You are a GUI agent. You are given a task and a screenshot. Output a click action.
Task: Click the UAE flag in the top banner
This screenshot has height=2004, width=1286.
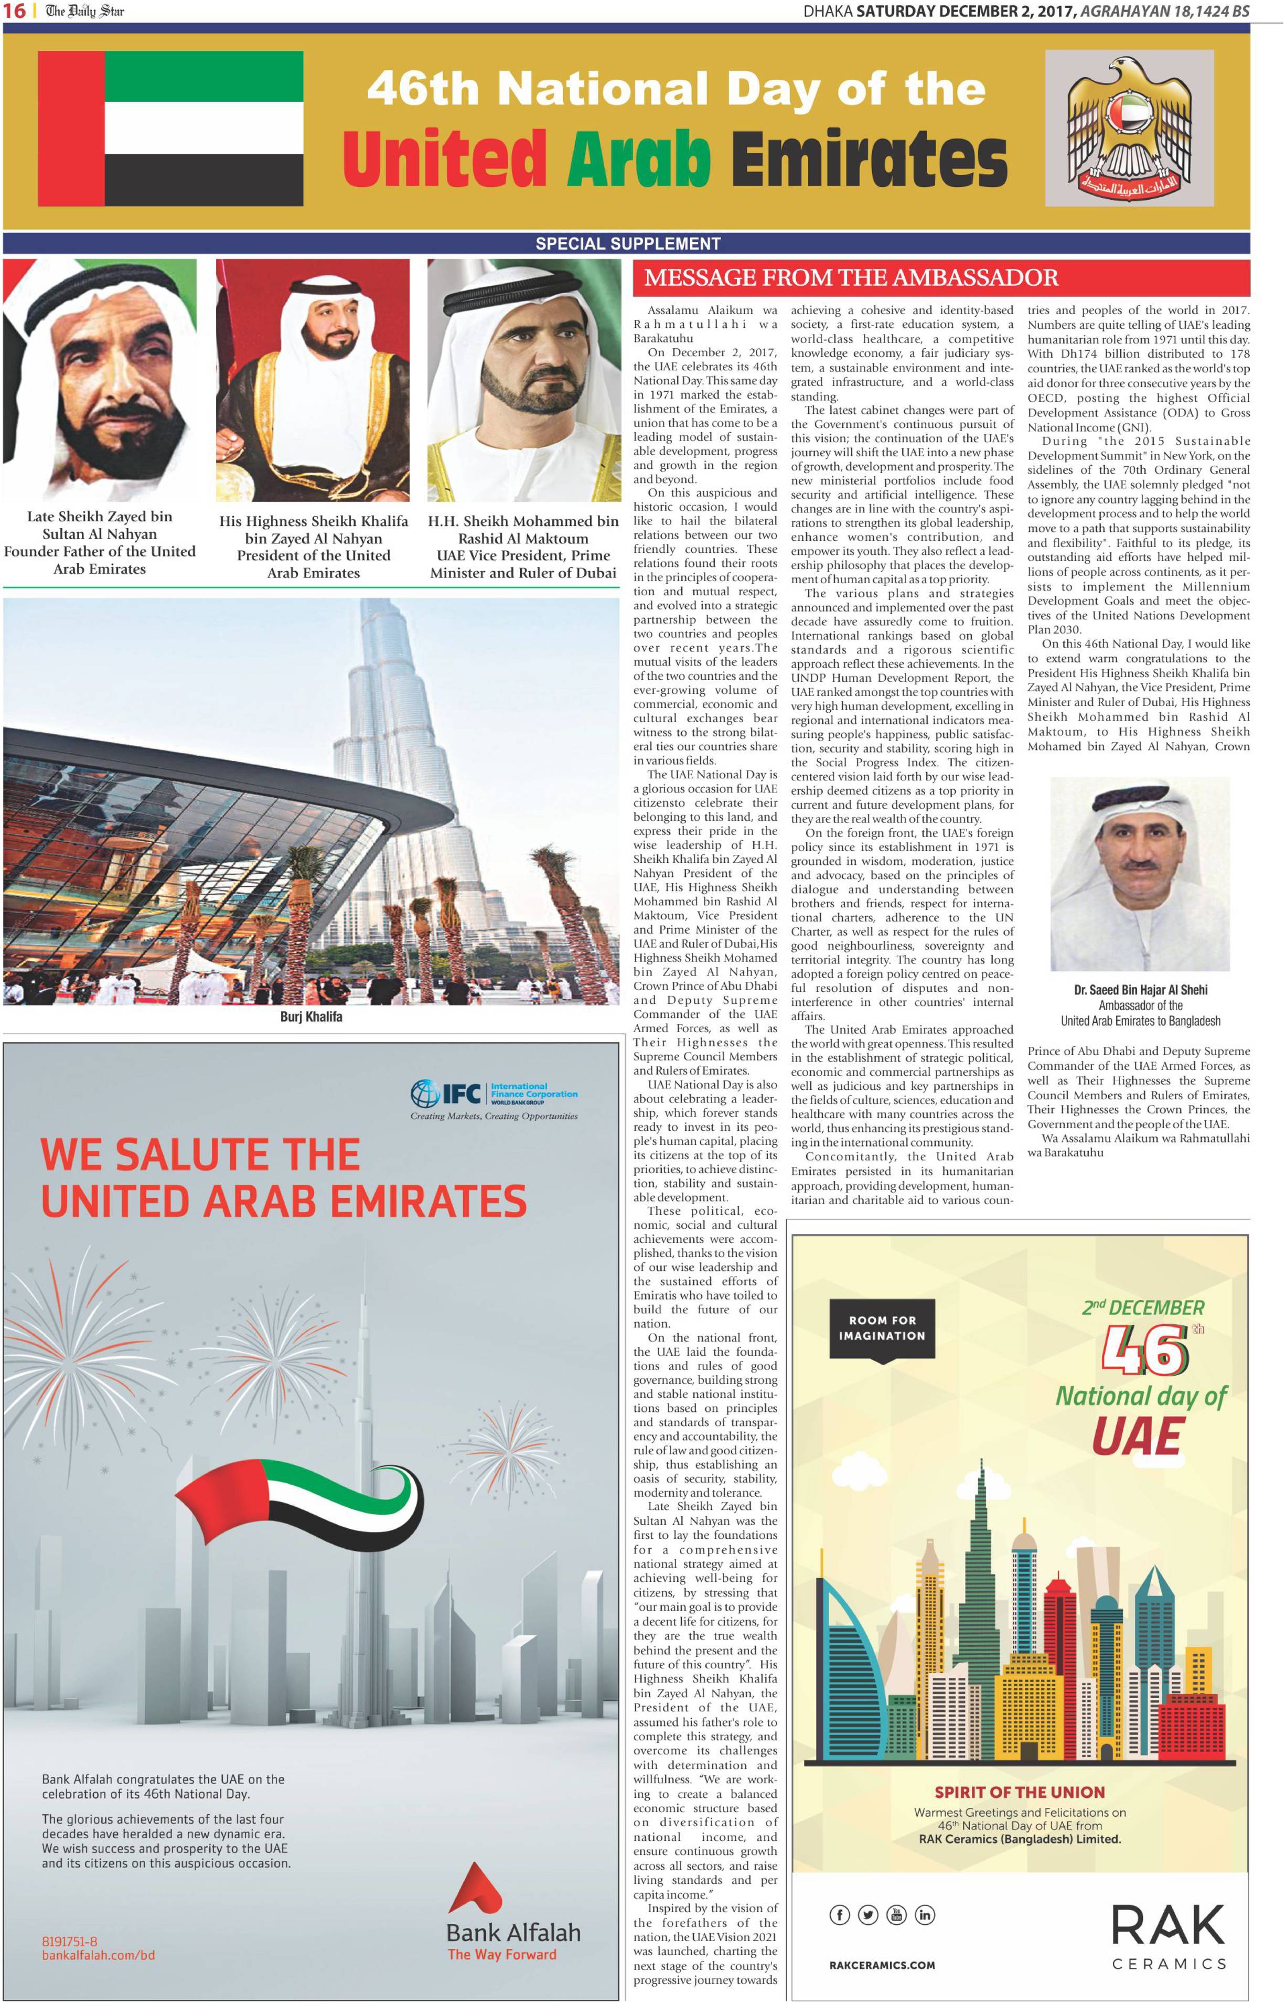pyautogui.click(x=170, y=128)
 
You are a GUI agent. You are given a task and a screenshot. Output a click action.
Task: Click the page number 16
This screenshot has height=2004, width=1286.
pyautogui.click(x=14, y=12)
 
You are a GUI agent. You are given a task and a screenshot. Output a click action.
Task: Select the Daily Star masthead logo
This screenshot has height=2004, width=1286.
pyautogui.click(x=84, y=12)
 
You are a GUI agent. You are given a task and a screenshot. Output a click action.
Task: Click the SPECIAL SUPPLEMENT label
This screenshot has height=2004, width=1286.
pyautogui.click(x=627, y=244)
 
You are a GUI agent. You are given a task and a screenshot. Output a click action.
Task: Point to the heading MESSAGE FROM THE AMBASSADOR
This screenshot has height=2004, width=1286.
pyautogui.click(x=851, y=277)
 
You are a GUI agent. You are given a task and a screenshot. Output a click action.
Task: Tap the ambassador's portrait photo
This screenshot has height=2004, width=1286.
pyautogui.click(x=1140, y=873)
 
